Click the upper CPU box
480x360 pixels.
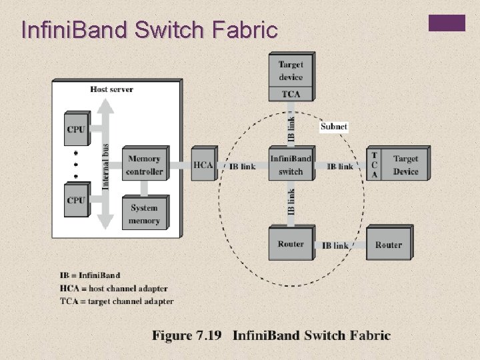pos(76,129)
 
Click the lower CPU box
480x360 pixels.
pos(76,199)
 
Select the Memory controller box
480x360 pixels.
pos(144,165)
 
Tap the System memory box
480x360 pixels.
pos(144,213)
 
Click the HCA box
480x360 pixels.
pos(203,165)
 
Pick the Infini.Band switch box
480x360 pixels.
pos(290,165)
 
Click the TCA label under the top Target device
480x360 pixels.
pos(291,94)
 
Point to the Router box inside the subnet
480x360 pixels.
pos(291,244)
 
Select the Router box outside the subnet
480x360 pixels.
pos(388,245)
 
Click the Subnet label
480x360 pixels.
pos(333,126)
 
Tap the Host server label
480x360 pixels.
pos(111,89)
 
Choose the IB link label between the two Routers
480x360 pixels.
pos(335,245)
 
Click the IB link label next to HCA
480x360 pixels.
pos(242,166)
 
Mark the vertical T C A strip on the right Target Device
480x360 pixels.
pos(374,165)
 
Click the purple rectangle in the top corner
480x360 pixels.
pos(447,24)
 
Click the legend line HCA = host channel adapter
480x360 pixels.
pos(113,288)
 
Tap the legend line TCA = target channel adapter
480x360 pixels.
pos(117,301)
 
